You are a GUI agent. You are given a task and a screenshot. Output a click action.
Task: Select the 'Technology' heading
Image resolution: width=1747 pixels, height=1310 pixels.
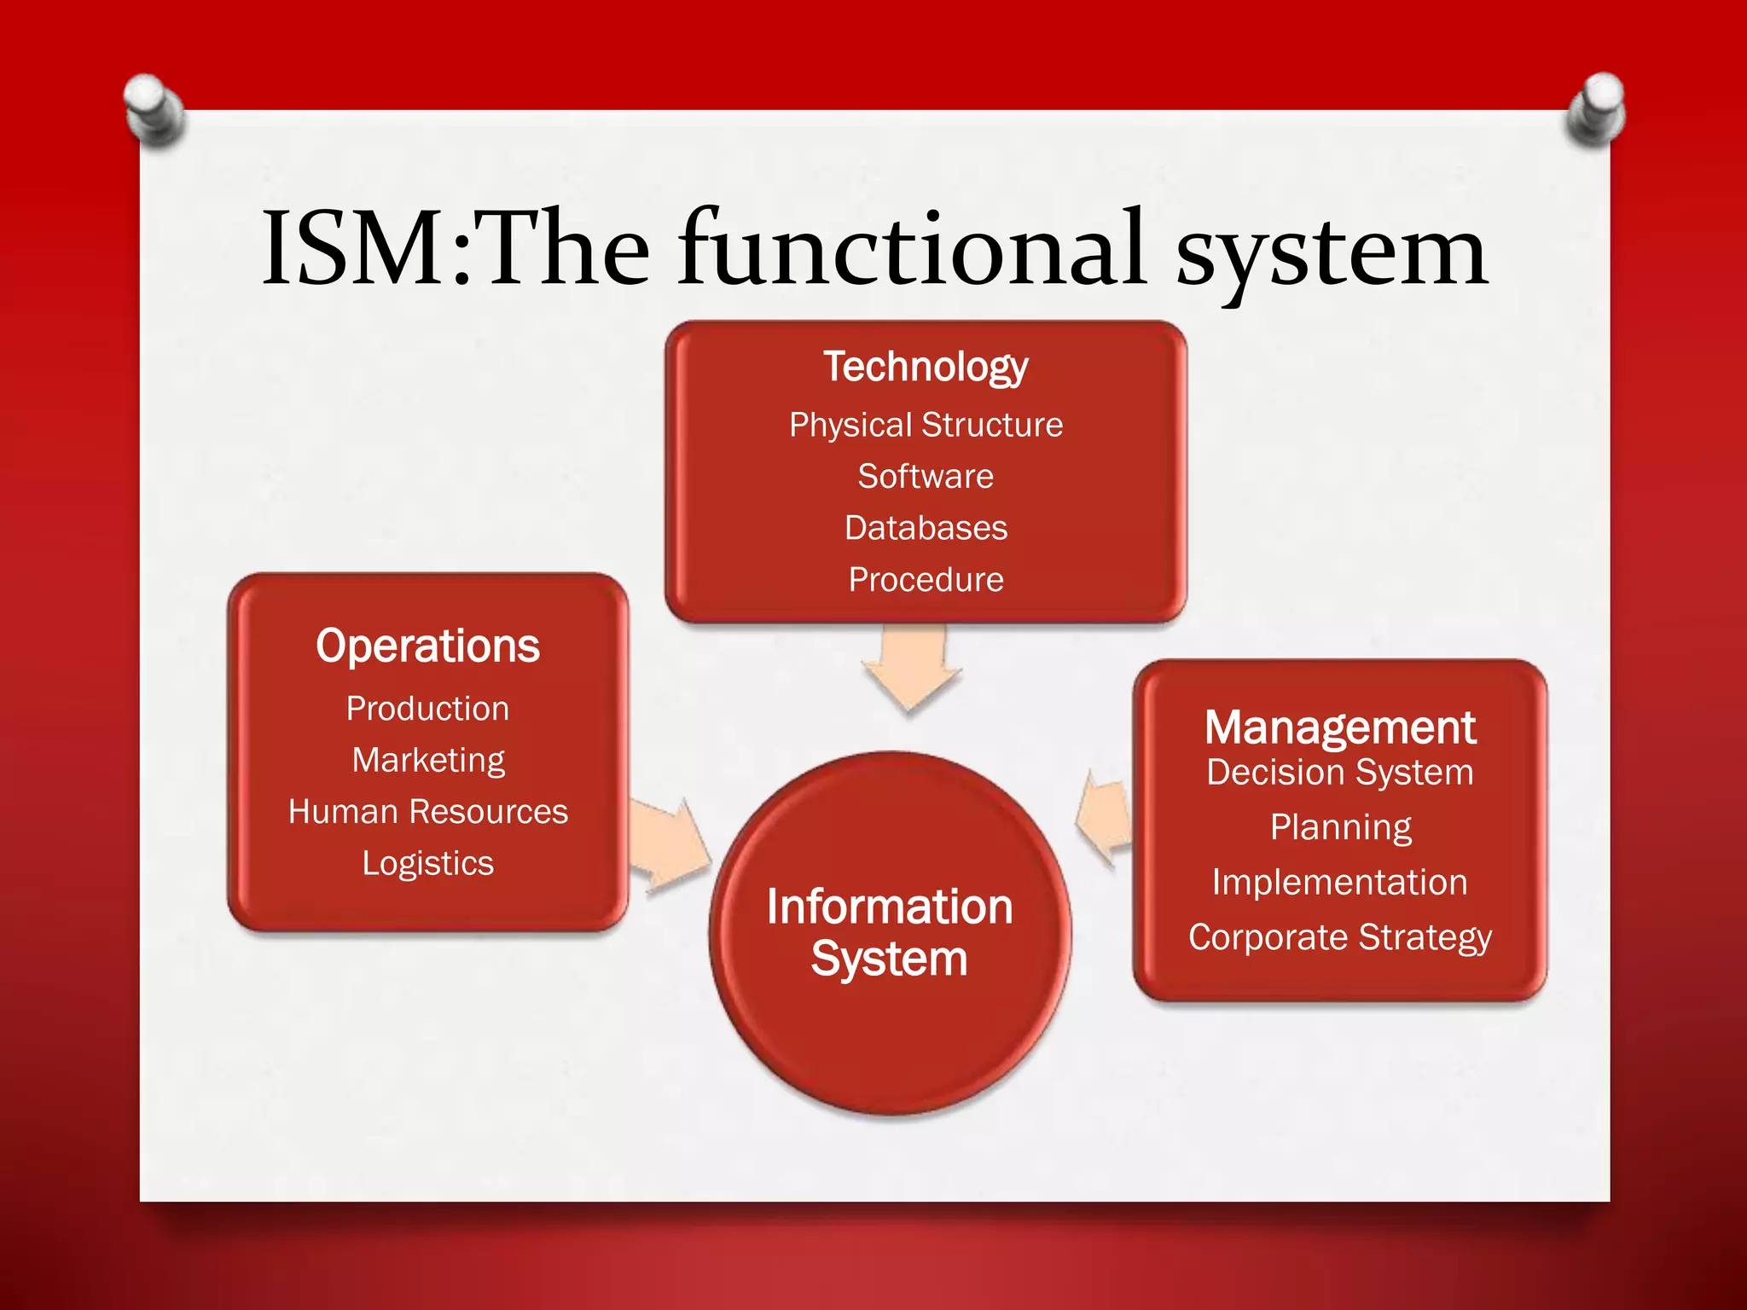tap(926, 367)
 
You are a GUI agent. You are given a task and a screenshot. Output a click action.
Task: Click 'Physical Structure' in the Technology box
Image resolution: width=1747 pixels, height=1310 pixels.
tap(926, 425)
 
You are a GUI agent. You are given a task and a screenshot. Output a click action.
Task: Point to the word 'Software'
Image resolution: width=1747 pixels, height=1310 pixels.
tap(926, 476)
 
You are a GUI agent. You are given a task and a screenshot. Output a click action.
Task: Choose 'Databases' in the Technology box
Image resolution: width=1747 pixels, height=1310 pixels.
tap(926, 528)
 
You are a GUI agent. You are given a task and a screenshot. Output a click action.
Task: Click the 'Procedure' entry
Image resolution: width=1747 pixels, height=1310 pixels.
tap(926, 580)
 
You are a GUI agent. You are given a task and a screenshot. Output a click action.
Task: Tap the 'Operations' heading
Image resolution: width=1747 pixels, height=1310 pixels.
tap(427, 646)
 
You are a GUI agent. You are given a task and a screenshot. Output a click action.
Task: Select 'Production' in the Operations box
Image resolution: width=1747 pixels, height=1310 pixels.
tap(427, 709)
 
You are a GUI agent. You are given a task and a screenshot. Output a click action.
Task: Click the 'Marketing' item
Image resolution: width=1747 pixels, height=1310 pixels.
tap(428, 760)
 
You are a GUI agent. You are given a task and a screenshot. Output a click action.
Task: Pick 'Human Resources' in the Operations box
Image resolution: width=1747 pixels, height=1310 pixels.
tap(427, 812)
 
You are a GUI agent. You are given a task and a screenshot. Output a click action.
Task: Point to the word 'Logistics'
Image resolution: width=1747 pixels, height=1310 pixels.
tap(427, 863)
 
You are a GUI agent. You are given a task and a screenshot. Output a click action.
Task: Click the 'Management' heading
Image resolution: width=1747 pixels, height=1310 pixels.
tap(1339, 727)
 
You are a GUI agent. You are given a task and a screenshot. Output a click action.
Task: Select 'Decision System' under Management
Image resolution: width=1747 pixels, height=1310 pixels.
tap(1339, 773)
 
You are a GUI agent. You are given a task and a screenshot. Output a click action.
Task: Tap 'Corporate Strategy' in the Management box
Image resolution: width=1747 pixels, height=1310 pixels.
tap(1339, 937)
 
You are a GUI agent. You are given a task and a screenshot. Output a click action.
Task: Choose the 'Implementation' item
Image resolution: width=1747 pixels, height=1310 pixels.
tap(1339, 882)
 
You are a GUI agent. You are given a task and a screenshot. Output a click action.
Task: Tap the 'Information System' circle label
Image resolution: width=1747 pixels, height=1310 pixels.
tap(889, 932)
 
